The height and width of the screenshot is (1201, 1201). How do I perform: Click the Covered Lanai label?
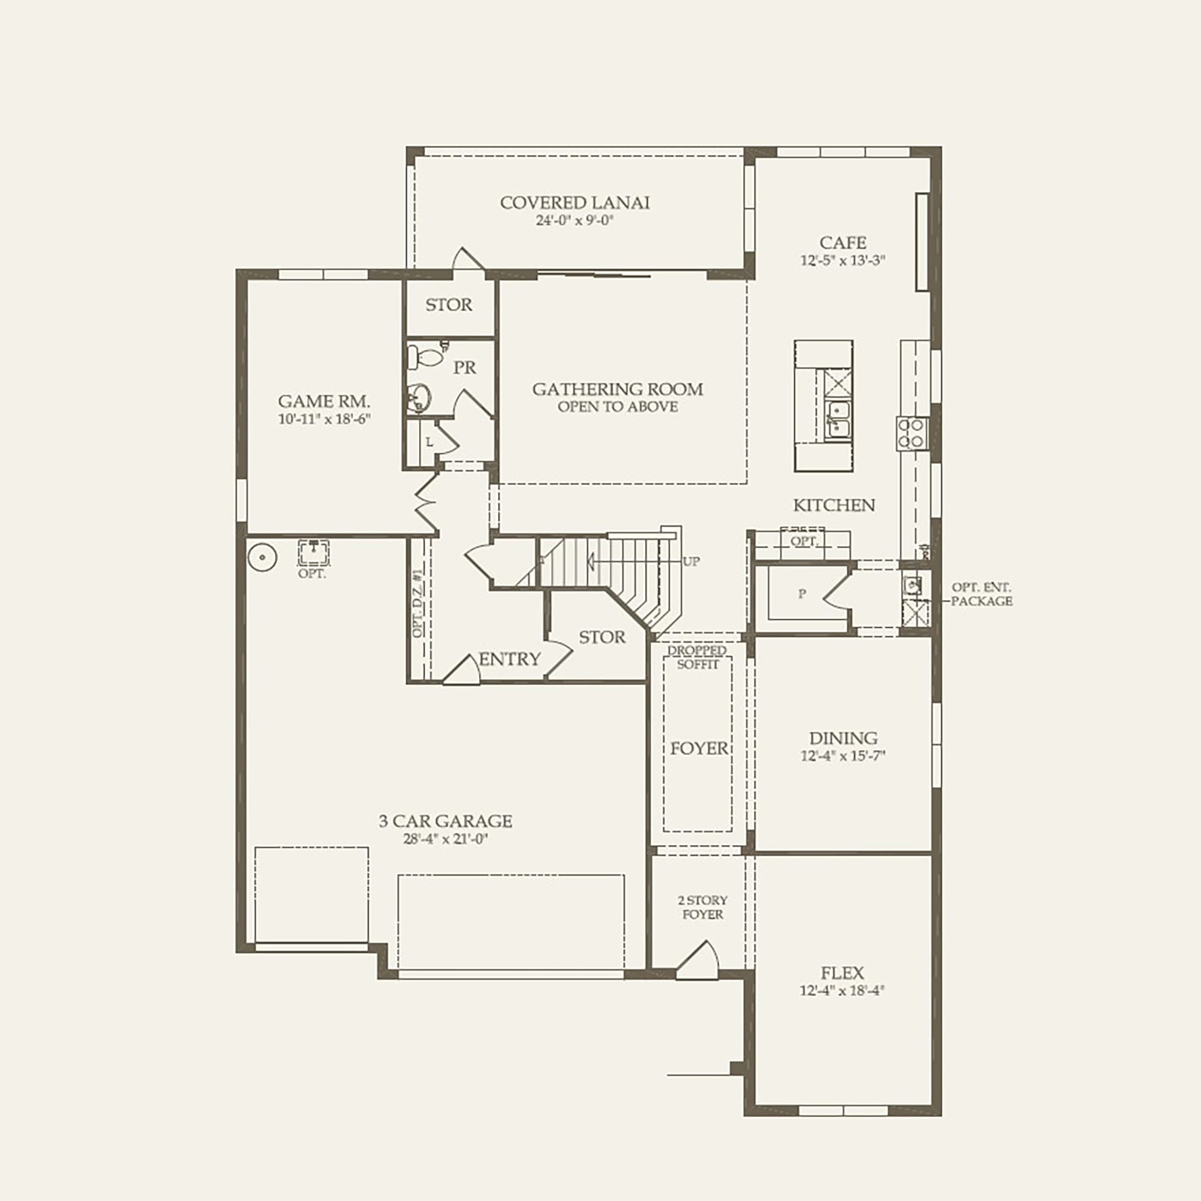(575, 203)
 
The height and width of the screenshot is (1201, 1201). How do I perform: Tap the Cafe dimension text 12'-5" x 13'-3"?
(843, 260)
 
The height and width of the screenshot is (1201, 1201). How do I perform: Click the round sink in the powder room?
(419, 398)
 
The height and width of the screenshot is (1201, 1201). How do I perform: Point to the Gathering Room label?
(617, 389)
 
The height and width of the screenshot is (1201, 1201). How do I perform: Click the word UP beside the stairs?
(691, 561)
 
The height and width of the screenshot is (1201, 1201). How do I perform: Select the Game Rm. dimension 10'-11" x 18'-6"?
(325, 418)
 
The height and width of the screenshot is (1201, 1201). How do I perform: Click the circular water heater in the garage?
(262, 556)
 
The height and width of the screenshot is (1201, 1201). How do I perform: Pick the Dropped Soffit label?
(697, 657)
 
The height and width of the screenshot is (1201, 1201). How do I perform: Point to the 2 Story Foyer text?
(702, 908)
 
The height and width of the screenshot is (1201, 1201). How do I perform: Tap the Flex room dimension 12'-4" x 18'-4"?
(842, 991)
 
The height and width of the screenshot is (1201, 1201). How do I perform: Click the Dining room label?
(843, 738)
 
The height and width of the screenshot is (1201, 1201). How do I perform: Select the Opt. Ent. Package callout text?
(981, 594)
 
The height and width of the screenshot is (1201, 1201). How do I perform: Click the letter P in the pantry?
(802, 594)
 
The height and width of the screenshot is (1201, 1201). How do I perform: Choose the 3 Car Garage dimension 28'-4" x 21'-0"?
(445, 839)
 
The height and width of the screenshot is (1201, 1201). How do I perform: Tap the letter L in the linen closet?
(429, 442)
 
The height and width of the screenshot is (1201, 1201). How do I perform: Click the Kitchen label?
(834, 505)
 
